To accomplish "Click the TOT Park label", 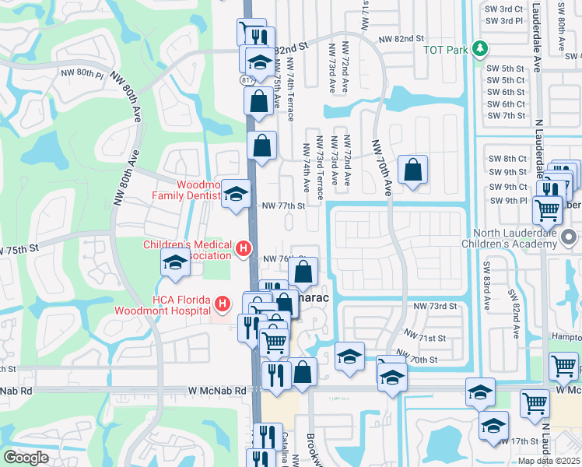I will coord(444,50).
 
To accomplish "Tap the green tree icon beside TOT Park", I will coord(481,50).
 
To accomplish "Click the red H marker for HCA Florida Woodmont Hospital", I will coord(223,303).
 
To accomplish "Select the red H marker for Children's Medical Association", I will coord(244,250).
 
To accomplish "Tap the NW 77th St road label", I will coord(282,206).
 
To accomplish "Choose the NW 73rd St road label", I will coord(433,307).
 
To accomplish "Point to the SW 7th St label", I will coord(507,116).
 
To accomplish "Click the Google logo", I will coord(26,458).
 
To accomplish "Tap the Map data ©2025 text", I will coord(549,461).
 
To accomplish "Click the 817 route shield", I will coord(246,79).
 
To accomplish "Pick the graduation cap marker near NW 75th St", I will coord(176,262).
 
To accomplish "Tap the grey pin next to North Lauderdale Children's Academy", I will coord(570,236).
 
